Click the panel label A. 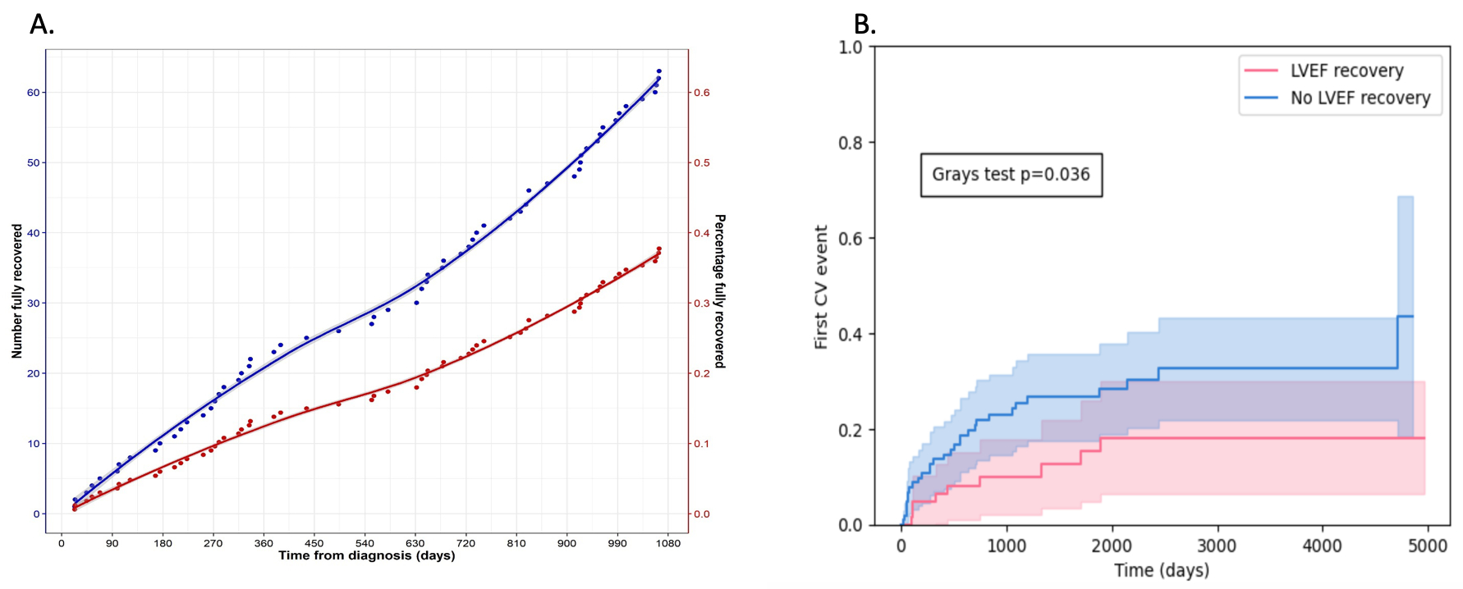41,25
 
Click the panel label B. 864,25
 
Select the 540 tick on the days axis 365,543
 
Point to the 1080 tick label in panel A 668,543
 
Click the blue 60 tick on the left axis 33,93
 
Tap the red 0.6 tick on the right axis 702,93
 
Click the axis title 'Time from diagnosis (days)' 366,556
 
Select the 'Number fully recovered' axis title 17,291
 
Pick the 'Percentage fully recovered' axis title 720,291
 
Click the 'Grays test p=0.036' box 1011,175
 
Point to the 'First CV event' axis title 821,287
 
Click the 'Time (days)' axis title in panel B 1161,570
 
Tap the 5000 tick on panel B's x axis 1427,546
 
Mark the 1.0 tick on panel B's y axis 851,48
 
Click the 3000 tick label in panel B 1217,546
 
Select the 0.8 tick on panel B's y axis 851,143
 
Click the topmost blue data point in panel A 658,71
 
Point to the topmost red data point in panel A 658,249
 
